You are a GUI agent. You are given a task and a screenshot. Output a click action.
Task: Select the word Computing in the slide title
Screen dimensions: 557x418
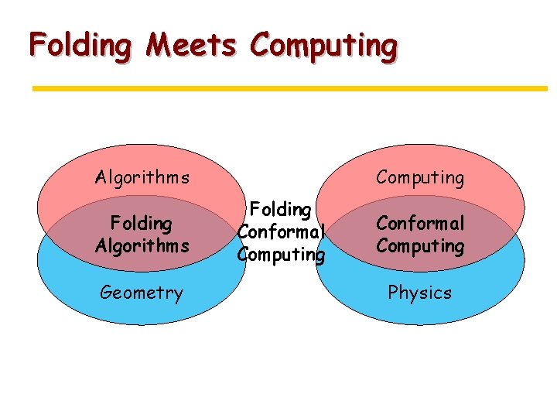click(323, 46)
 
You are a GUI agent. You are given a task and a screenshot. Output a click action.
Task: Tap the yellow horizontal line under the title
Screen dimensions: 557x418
click(289, 89)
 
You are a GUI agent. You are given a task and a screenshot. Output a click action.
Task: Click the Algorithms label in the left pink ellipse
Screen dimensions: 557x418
click(142, 178)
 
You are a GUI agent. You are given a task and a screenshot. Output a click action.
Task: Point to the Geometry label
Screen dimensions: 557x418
click(142, 293)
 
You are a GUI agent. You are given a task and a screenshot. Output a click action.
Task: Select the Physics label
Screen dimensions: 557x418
click(420, 293)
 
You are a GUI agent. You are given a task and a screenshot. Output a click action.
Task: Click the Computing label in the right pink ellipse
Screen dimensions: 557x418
click(420, 178)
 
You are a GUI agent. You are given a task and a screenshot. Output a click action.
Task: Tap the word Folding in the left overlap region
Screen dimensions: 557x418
click(142, 224)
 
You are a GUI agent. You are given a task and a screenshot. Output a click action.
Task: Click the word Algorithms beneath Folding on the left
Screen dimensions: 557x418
click(142, 246)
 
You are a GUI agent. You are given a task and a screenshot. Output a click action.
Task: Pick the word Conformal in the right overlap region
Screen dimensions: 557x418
click(420, 224)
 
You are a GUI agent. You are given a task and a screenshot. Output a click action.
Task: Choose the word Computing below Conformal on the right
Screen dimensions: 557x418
click(420, 247)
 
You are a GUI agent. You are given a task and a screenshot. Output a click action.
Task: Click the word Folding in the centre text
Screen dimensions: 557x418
click(281, 210)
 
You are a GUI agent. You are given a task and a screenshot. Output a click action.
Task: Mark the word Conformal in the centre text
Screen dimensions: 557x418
click(281, 232)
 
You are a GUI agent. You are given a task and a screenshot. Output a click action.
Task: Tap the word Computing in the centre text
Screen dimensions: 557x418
click(281, 255)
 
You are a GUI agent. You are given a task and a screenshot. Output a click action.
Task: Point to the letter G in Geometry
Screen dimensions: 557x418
click(106, 293)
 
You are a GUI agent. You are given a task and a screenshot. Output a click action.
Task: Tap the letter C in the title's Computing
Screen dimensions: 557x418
click(261, 45)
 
